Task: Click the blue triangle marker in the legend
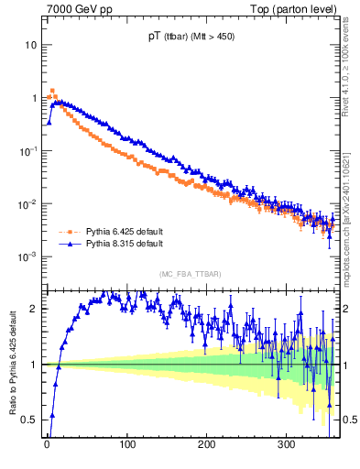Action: point(66,245)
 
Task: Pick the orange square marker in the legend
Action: point(66,233)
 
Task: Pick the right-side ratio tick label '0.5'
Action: point(347,420)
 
